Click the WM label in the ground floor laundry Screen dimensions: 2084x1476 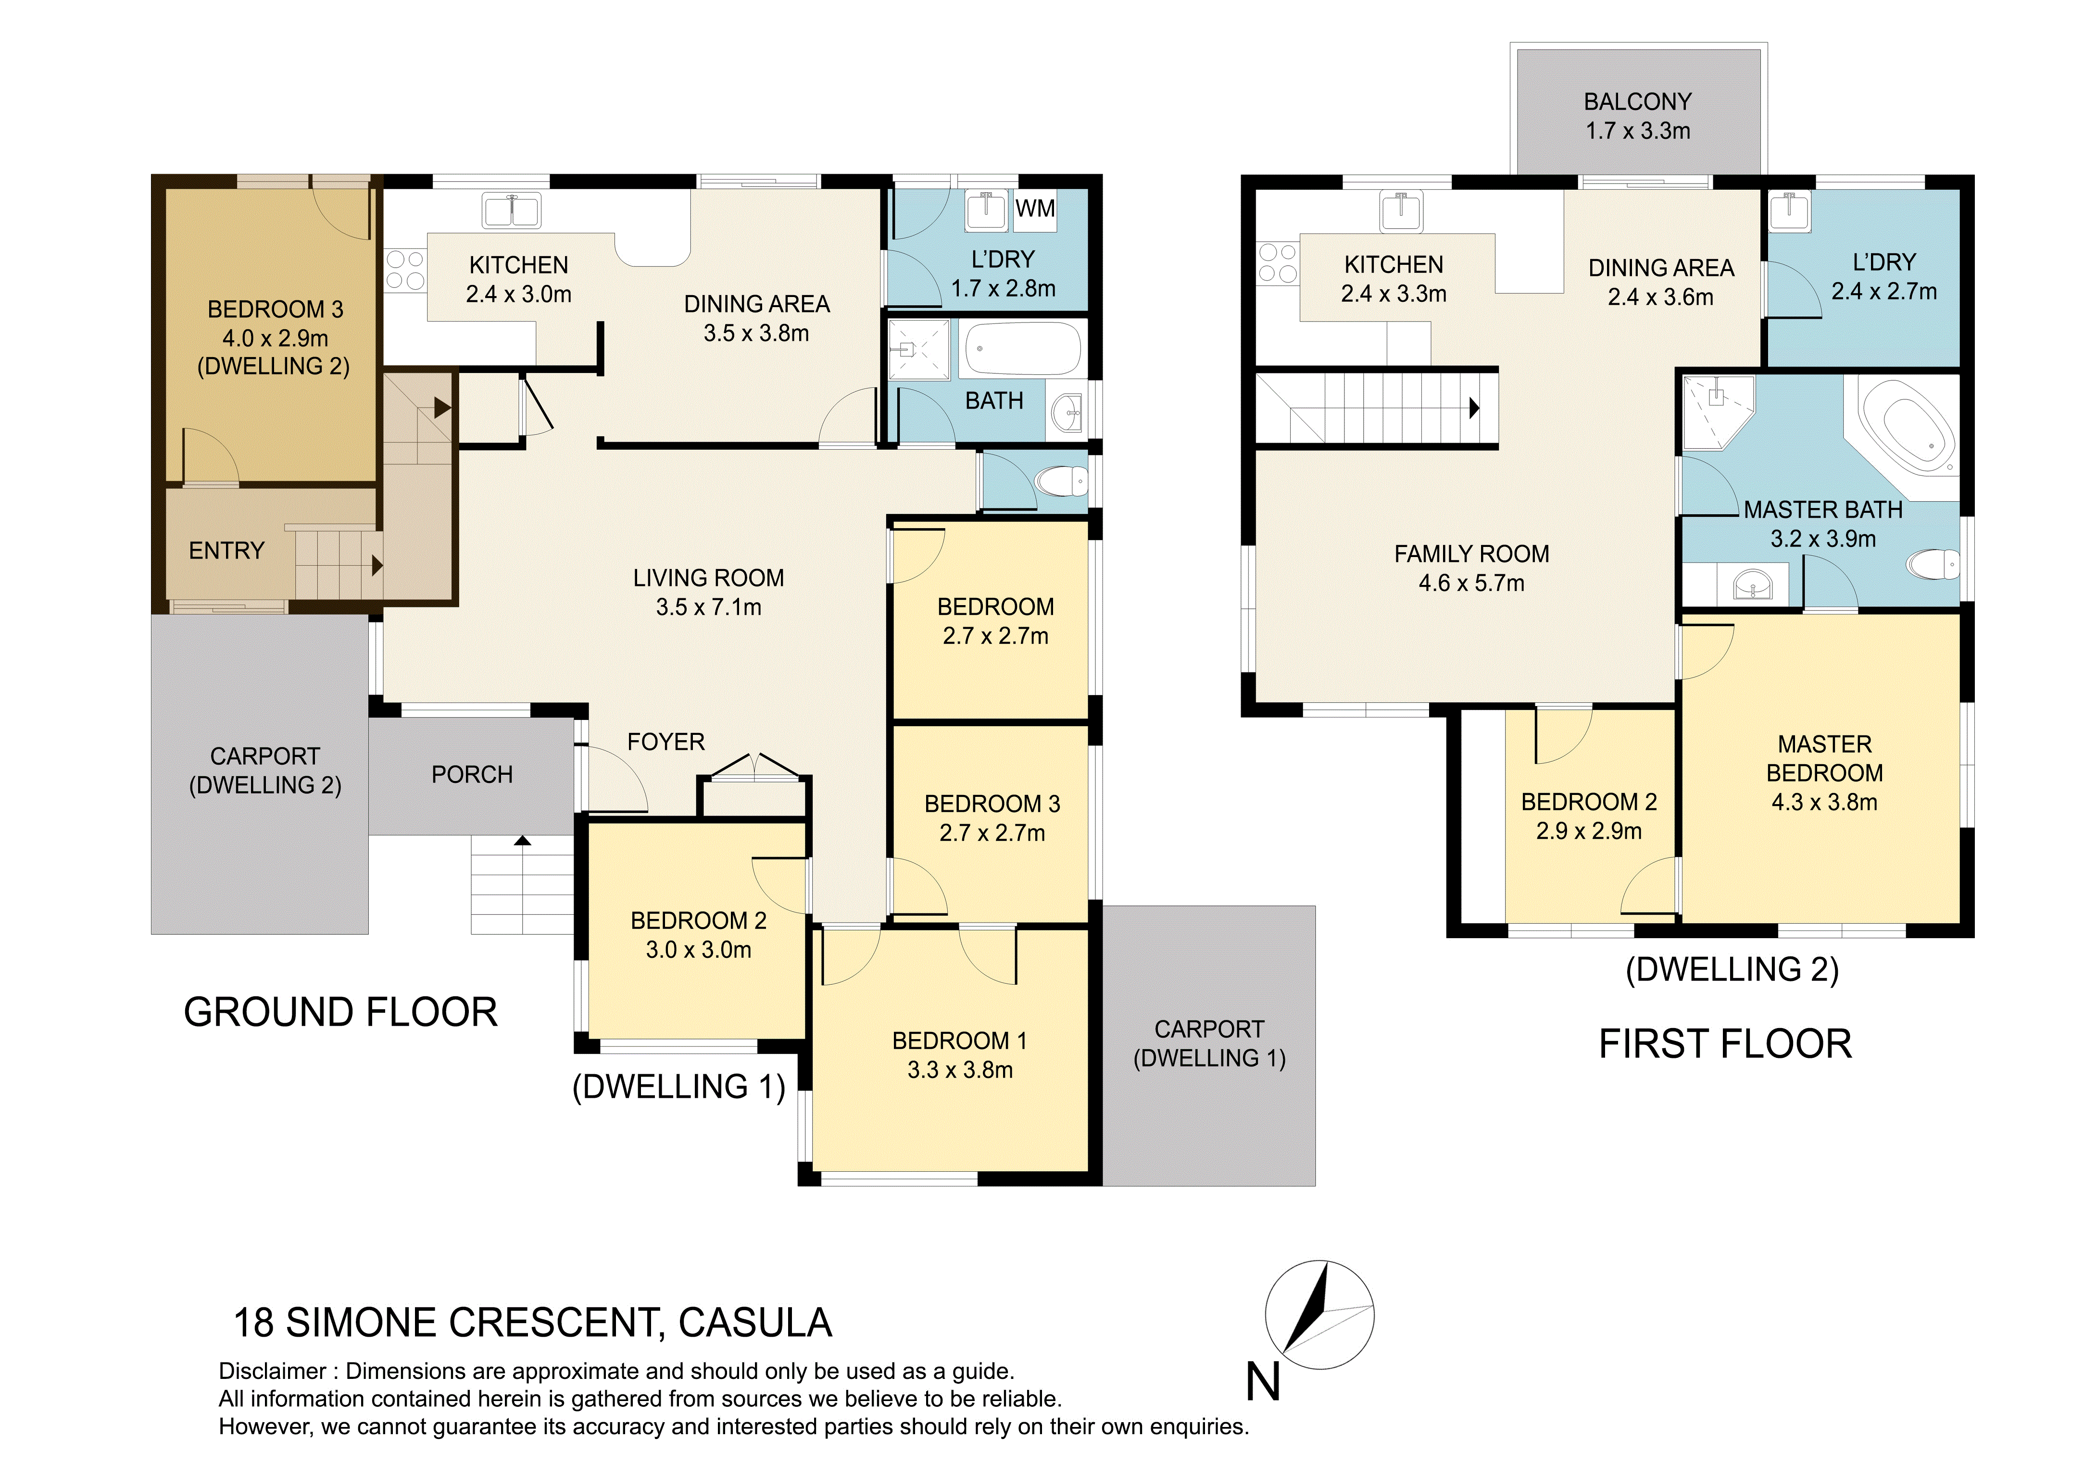1035,208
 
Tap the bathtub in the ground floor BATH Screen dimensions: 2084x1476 1023,348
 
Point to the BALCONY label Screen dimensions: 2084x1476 1638,102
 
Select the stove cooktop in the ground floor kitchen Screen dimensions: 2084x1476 404,270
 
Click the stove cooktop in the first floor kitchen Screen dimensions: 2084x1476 1278,263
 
